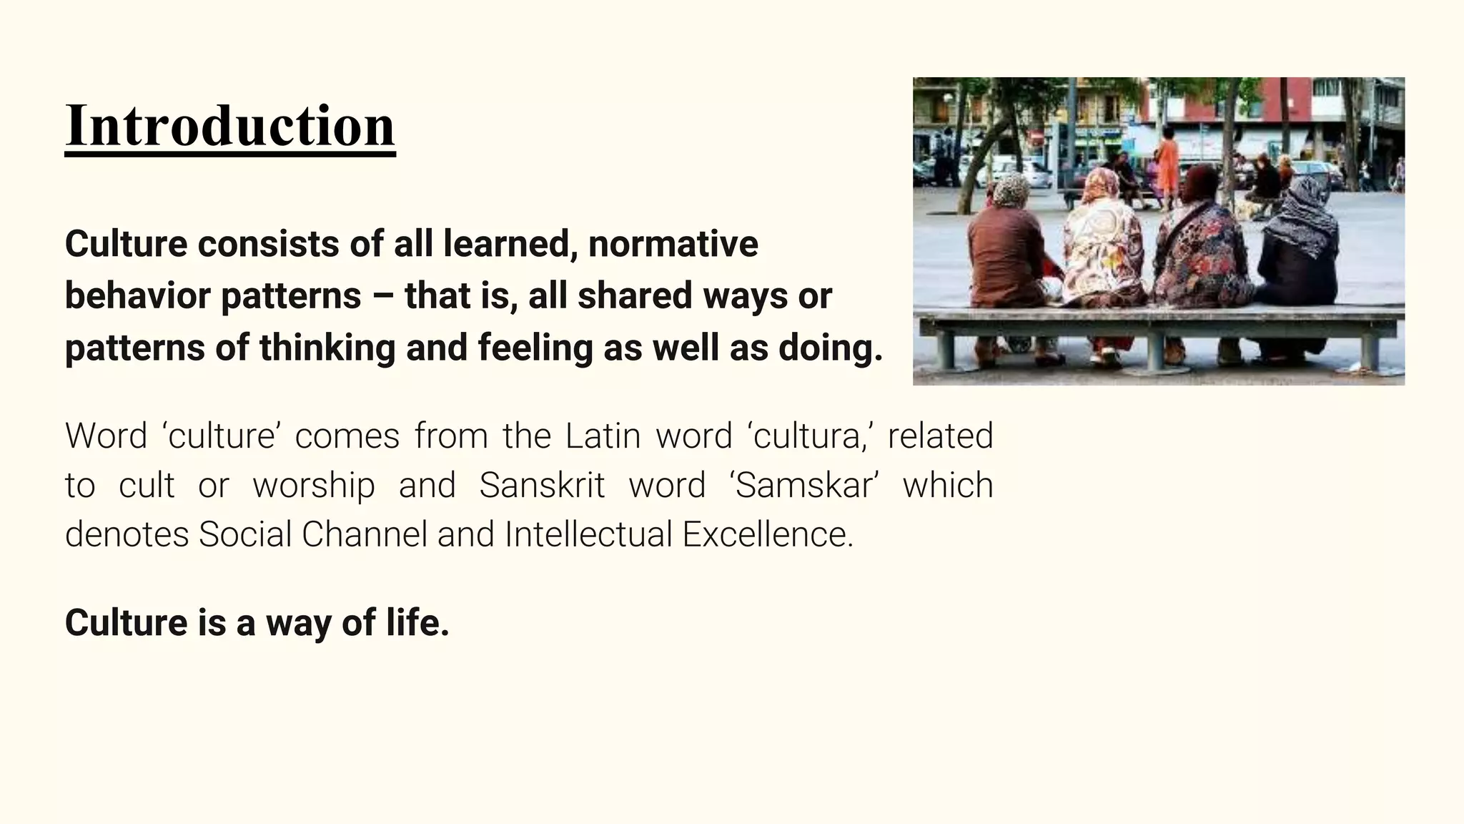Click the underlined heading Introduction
(x=229, y=126)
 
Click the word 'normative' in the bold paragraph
(x=673, y=244)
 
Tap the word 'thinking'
(x=327, y=348)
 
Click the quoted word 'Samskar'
(x=804, y=485)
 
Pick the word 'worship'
(x=314, y=485)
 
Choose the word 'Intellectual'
(x=588, y=534)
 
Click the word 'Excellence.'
(x=768, y=534)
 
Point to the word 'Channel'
(x=365, y=534)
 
